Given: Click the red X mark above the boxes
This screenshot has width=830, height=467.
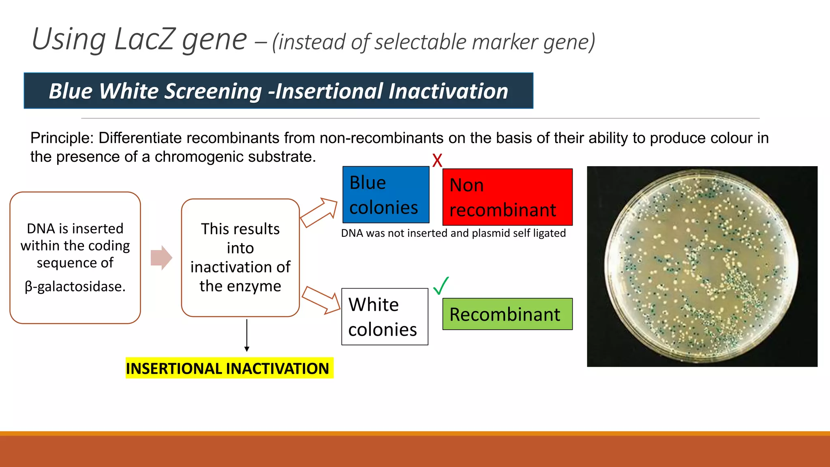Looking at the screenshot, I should tap(437, 161).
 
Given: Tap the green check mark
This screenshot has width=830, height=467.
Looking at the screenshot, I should tap(441, 286).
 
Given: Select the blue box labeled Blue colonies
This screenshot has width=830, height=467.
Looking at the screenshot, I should tap(385, 195).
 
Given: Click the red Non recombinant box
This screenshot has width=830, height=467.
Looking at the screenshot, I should tap(507, 197).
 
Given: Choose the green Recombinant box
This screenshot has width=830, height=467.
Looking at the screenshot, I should tap(507, 314).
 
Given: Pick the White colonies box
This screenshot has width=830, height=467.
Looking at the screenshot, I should tap(384, 317).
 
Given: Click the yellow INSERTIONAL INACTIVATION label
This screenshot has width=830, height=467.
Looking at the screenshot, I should tap(229, 368).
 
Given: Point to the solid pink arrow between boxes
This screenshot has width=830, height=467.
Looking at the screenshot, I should tap(161, 258).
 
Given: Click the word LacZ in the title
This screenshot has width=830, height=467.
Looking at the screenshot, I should tap(145, 39).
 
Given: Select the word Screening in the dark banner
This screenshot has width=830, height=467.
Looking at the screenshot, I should tap(213, 91).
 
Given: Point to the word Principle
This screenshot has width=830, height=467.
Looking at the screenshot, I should tap(61, 138).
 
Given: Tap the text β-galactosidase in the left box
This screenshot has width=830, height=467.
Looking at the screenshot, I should tap(75, 286).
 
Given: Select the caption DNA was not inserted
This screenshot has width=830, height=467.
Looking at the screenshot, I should tap(453, 233).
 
